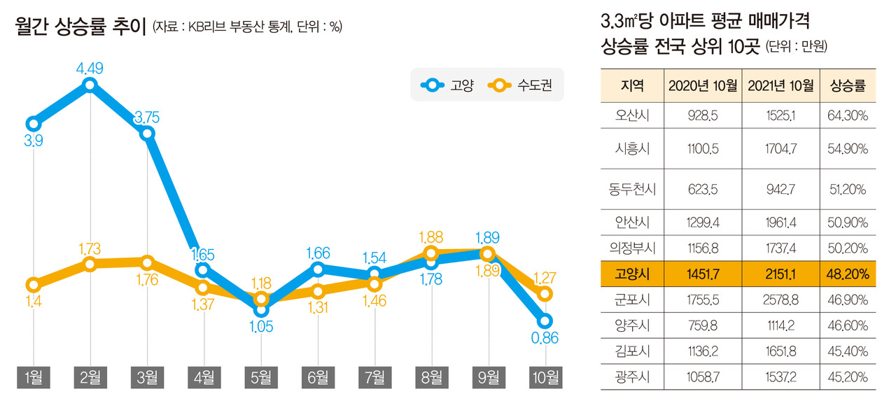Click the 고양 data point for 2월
pos(90,85)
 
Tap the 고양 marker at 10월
pos(545,321)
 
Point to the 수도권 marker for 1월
pos(33,284)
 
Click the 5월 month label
pos(260,378)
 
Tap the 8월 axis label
pos(431,378)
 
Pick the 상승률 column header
pos(848,86)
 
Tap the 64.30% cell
pos(848,115)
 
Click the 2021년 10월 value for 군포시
pos(780,300)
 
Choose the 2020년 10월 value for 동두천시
pos(702,188)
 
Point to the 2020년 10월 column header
pos(702,86)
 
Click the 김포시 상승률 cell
pos(848,351)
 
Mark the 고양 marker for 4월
pos(203,269)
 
